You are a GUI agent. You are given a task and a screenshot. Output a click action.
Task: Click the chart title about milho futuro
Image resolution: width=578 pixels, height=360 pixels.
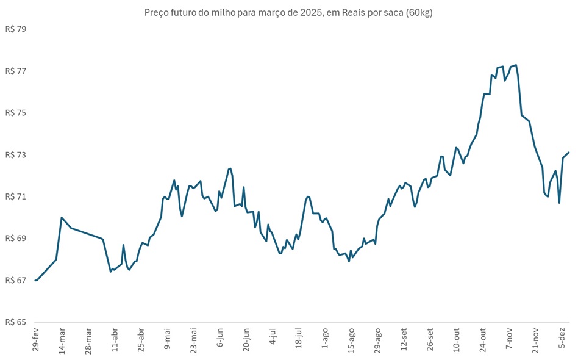tap(288, 13)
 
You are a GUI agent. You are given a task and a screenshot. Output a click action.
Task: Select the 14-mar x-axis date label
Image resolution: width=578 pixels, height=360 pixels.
tap(62, 340)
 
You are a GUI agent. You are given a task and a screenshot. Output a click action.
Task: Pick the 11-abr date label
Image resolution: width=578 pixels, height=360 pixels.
tap(114, 340)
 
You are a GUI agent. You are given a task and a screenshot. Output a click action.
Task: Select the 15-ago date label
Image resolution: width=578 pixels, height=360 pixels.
tap(351, 340)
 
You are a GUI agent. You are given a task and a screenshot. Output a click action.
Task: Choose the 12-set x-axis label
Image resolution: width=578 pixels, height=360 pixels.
tap(403, 339)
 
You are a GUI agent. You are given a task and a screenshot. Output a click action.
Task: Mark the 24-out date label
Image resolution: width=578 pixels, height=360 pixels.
tap(482, 339)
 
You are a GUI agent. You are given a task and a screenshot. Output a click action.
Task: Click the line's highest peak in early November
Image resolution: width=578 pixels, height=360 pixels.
tap(516, 65)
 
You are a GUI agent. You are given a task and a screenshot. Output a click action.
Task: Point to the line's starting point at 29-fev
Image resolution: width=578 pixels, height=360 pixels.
tap(35, 280)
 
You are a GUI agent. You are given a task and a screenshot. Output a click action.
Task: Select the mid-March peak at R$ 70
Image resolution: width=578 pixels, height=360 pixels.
tap(62, 217)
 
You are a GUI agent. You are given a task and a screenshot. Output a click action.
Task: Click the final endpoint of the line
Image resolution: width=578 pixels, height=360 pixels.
tap(568, 153)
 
